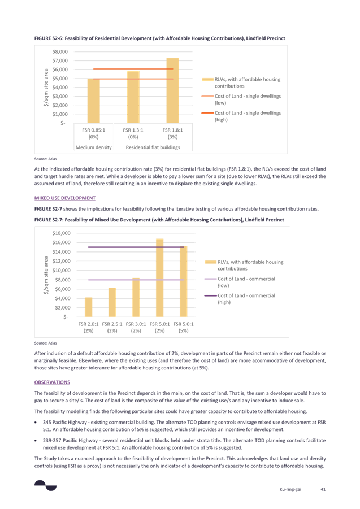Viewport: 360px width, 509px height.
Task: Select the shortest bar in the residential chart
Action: click(x=94, y=101)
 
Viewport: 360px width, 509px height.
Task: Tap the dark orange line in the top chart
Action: click(x=113, y=69)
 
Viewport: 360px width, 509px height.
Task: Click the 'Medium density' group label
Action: click(x=93, y=147)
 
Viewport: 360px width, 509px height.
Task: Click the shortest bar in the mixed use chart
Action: click(x=89, y=306)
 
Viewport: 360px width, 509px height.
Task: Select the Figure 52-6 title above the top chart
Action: click(x=160, y=37)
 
